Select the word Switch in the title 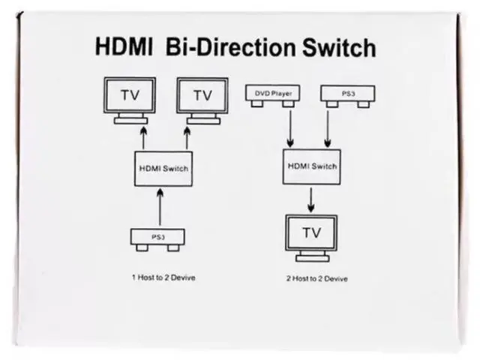coord(337,46)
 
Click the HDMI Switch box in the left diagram coord(163,169)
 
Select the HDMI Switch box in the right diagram coord(310,165)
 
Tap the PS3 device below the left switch coord(157,238)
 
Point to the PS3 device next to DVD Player coord(347,94)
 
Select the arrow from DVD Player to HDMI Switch coord(291,127)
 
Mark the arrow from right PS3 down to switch coord(328,127)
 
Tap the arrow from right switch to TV coord(310,198)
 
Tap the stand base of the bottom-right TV coord(311,257)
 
